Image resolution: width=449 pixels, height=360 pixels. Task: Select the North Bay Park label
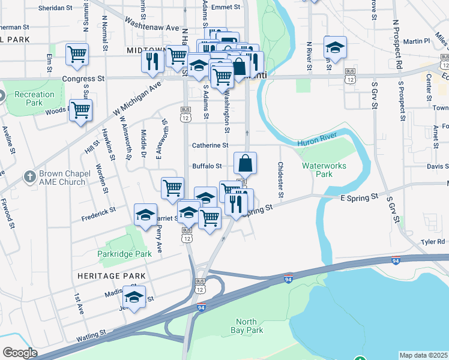coord(247,326)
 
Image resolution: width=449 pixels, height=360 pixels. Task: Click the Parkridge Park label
coord(125,254)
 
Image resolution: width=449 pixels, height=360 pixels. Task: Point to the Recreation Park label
coord(34,98)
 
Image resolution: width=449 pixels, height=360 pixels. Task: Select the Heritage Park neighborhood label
coord(111,275)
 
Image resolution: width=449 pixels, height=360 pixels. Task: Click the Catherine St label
coord(210,145)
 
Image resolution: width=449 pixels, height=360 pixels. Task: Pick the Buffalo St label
coord(207,166)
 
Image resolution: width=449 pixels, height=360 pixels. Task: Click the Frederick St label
coord(98,212)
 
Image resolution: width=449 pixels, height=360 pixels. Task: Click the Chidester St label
coord(280,179)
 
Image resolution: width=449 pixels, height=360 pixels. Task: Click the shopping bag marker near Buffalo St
coord(245,163)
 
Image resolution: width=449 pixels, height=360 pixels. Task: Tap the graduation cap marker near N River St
coord(335,47)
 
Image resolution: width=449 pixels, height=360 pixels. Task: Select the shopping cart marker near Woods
coord(80,110)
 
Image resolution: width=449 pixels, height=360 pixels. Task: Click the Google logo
coord(19,353)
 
